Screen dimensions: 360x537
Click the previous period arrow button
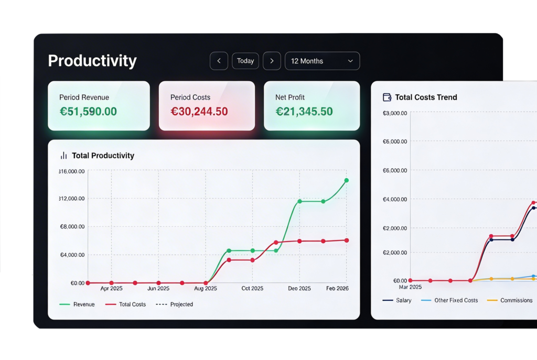coord(219,61)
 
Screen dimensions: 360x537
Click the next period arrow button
coord(272,61)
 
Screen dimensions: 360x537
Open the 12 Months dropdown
coord(322,61)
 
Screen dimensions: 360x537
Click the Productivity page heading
coord(92,61)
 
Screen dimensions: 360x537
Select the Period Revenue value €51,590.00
coord(88,112)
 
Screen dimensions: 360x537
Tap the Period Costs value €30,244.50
coord(199,112)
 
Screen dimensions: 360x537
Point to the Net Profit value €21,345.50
coord(304,112)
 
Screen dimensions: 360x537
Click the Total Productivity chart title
coord(103,156)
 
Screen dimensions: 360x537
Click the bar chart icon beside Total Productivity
coord(64,156)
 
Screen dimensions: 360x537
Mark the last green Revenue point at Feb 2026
coord(346,180)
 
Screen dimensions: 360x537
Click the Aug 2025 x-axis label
coord(206,289)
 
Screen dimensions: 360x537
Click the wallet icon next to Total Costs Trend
coord(388,97)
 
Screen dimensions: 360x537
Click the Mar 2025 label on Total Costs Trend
coord(410,287)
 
